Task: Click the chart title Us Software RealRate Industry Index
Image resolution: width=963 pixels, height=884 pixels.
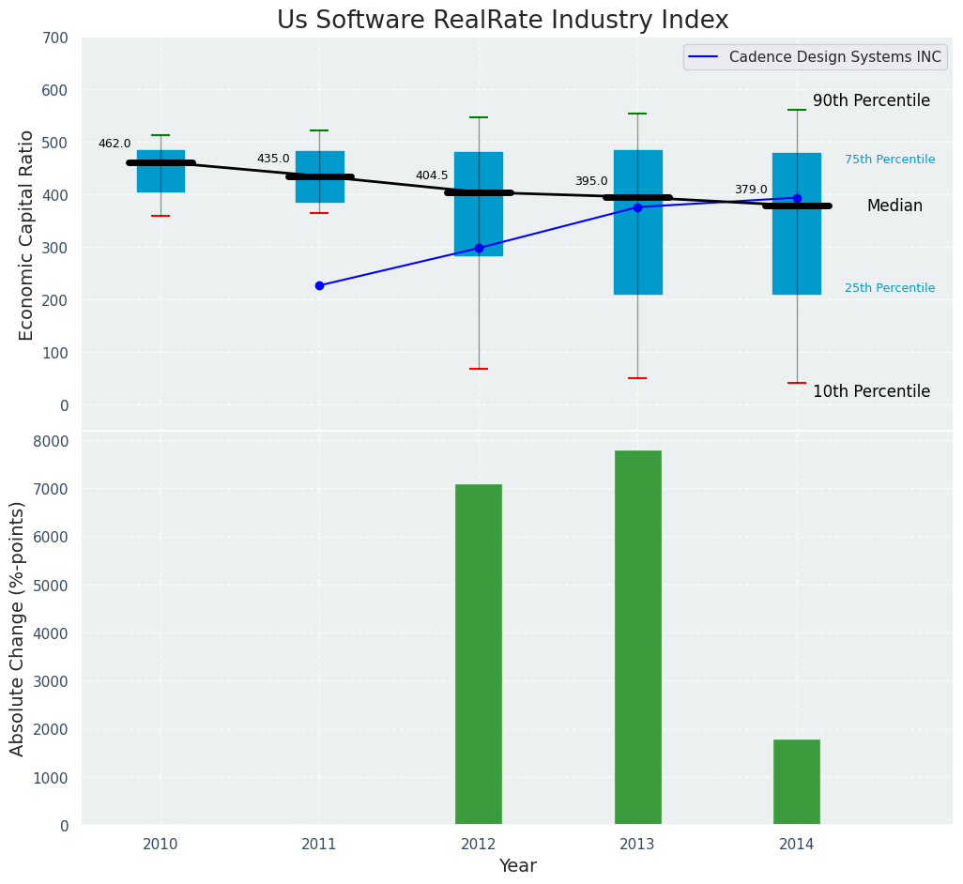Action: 502,21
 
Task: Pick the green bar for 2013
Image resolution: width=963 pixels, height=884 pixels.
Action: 637,637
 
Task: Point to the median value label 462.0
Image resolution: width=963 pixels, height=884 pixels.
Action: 115,144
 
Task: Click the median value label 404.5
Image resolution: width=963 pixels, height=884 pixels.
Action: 432,175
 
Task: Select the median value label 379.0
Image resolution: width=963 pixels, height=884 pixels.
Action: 751,190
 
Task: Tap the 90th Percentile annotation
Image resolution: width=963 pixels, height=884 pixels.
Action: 871,100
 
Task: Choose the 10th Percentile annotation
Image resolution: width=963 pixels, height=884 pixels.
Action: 871,391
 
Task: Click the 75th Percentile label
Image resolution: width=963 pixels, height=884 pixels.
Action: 890,160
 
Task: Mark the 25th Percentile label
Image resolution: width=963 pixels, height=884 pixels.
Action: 890,288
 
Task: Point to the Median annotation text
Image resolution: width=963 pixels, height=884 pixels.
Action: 894,206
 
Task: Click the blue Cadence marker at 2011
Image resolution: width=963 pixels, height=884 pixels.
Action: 319,285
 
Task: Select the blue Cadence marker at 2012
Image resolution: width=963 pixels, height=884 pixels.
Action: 479,248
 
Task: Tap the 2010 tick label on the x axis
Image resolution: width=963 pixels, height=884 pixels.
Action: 160,845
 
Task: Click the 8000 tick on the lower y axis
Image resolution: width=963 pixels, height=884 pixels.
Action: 51,441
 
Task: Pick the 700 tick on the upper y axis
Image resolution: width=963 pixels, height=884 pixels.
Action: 55,38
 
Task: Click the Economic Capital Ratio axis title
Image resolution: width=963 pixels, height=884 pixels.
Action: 26,235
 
